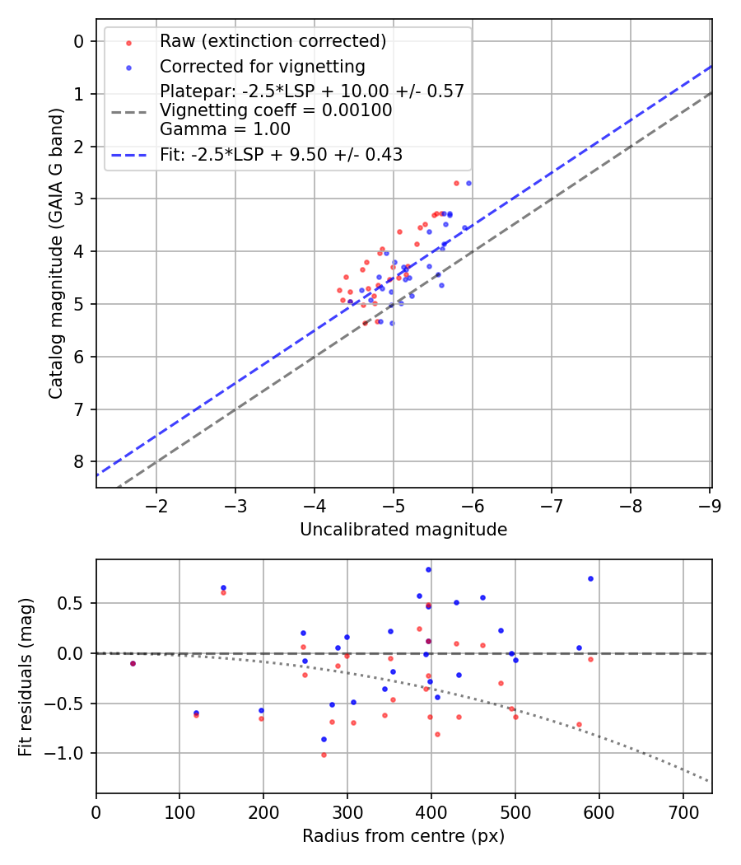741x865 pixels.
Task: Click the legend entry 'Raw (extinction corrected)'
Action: pyautogui.click(x=273, y=41)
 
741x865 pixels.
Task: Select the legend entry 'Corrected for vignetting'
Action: pyautogui.click(x=262, y=66)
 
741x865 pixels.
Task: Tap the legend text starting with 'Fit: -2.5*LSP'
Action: pyautogui.click(x=281, y=155)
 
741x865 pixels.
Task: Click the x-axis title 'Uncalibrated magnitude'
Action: pyautogui.click(x=403, y=529)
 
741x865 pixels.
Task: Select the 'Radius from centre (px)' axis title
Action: pyautogui.click(x=403, y=836)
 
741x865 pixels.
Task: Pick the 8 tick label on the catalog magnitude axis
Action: pyautogui.click(x=79, y=462)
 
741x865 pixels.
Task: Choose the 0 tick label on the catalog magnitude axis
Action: pyautogui.click(x=79, y=41)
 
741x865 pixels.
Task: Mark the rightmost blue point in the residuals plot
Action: pyautogui.click(x=590, y=578)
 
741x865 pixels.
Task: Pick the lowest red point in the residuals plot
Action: pyautogui.click(x=324, y=755)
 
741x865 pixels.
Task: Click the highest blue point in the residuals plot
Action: pyautogui.click(x=428, y=569)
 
